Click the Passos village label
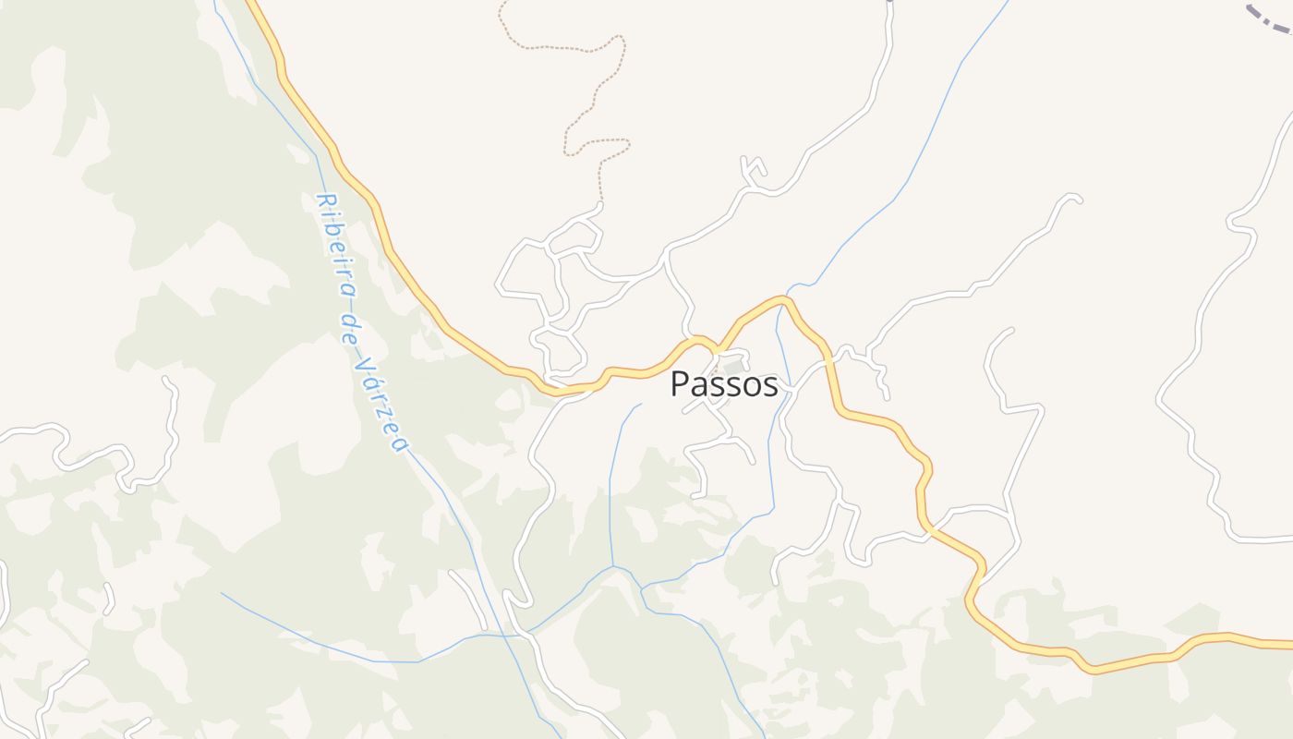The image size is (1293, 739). click(x=724, y=384)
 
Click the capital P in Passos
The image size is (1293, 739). click(x=680, y=384)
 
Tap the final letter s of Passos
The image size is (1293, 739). click(x=770, y=385)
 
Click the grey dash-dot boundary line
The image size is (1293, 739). click(x=1270, y=19)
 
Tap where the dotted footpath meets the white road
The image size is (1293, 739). click(x=600, y=202)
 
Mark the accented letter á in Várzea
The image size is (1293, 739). click(x=372, y=380)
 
